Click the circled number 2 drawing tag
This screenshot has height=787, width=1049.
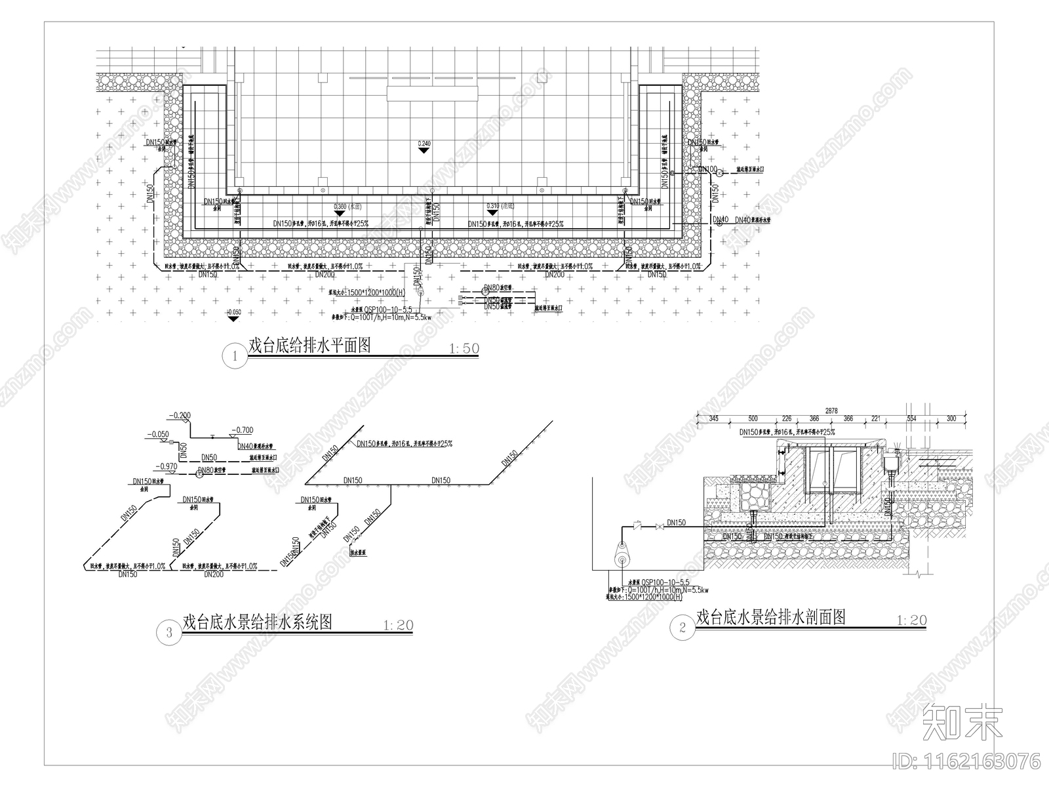pos(683,628)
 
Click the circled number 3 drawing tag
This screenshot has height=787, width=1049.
pos(170,632)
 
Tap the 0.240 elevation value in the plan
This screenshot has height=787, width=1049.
pos(424,143)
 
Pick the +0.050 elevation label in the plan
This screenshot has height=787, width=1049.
pos(233,313)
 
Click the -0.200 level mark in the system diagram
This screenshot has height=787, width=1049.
pos(179,416)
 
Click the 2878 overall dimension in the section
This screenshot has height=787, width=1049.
pos(831,411)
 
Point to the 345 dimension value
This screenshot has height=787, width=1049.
pos(714,418)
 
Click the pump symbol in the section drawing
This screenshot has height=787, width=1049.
pos(620,558)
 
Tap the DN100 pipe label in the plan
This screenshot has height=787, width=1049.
pos(707,169)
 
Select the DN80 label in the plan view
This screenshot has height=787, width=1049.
pos(491,289)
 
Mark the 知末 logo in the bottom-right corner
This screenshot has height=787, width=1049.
pos(962,723)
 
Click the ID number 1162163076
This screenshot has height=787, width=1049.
pos(967,763)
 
